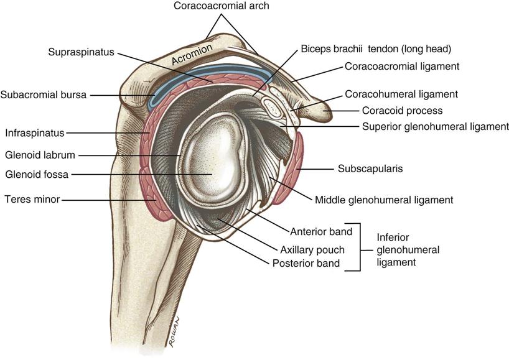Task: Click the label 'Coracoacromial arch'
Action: pos(222,6)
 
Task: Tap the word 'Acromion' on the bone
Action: pos(192,54)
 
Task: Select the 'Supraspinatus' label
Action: pos(81,52)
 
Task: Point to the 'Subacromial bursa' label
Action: pos(44,95)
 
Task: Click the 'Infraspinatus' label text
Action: pos(35,133)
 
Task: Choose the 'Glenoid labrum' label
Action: pos(40,155)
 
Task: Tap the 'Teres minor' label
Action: pos(32,199)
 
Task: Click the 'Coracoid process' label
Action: pos(402,111)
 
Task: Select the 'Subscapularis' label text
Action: pos(370,168)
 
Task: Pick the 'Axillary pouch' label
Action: pos(312,250)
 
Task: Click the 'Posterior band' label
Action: pos(306,263)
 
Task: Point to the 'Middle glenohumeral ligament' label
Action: pos(384,200)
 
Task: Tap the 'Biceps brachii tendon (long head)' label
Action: pos(376,49)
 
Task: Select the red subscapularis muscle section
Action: pos(289,168)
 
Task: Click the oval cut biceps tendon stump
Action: pos(273,108)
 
